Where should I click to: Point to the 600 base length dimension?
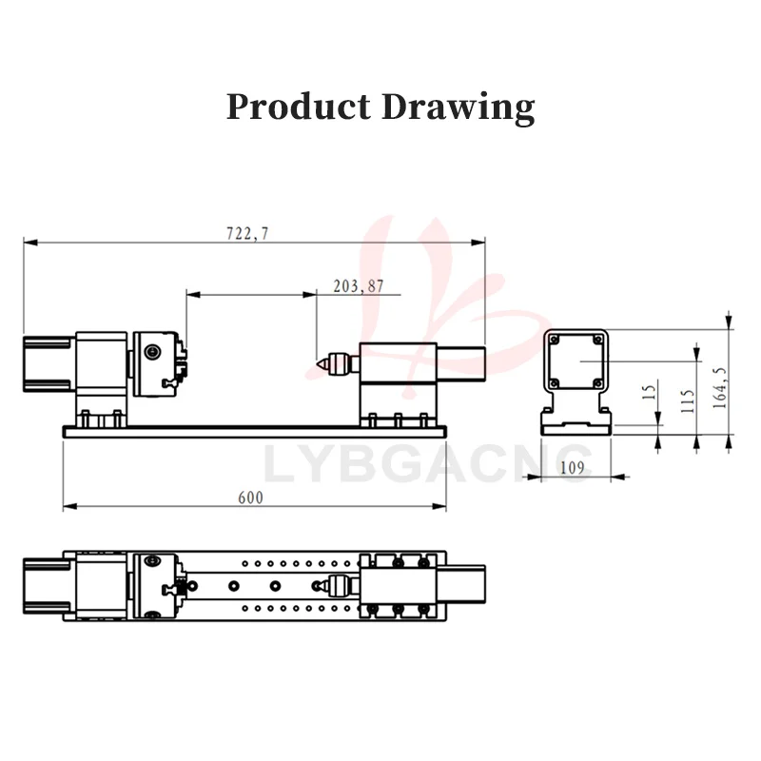[x=250, y=498]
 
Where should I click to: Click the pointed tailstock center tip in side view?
[x=318, y=363]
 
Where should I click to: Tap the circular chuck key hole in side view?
[x=151, y=353]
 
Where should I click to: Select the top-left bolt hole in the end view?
[x=555, y=338]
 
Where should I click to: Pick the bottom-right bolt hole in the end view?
[x=596, y=383]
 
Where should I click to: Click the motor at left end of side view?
[x=48, y=361]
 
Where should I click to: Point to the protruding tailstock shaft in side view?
[x=460, y=361]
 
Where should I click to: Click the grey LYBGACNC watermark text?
[x=427, y=464]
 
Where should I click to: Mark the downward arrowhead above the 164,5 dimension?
[x=729, y=319]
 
